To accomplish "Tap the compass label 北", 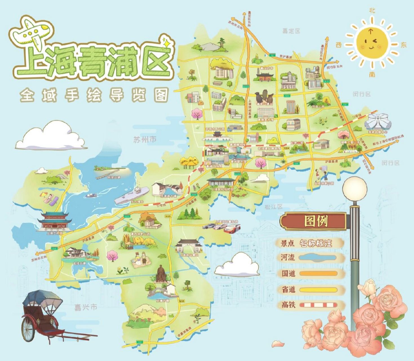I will coord(372,11).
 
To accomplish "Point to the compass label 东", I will coord(404,45).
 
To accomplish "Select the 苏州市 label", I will coord(145,140).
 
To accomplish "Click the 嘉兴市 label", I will coord(86,307).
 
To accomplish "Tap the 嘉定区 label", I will coord(291,31).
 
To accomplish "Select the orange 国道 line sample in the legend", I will coord(318,274).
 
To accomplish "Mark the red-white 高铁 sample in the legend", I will coord(318,305).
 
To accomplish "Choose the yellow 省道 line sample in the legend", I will coord(318,290).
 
